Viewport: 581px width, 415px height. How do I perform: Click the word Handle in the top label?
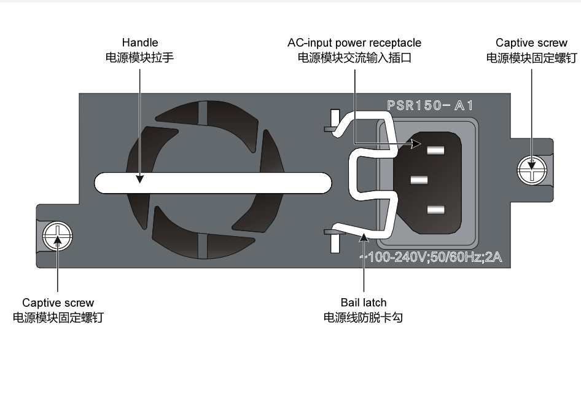[140, 43]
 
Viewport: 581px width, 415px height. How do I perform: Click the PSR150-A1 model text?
[430, 105]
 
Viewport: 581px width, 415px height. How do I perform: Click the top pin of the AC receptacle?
[435, 149]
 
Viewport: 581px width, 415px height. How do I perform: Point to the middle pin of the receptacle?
[419, 180]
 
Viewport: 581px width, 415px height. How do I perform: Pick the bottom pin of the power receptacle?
[435, 210]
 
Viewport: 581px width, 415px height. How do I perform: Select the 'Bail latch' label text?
[364, 302]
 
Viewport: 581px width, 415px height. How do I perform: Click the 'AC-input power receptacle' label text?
[354, 43]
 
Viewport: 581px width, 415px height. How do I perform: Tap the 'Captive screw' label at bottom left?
[58, 302]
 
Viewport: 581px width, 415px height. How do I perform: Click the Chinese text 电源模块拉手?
[140, 58]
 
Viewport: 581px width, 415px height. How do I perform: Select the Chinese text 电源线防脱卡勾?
[364, 317]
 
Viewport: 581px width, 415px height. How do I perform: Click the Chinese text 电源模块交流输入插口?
[354, 58]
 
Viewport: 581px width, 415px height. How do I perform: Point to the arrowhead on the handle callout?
[140, 179]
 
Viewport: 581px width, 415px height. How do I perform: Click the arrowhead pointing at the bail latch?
[364, 236]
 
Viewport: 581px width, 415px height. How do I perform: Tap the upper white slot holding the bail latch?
[334, 121]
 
